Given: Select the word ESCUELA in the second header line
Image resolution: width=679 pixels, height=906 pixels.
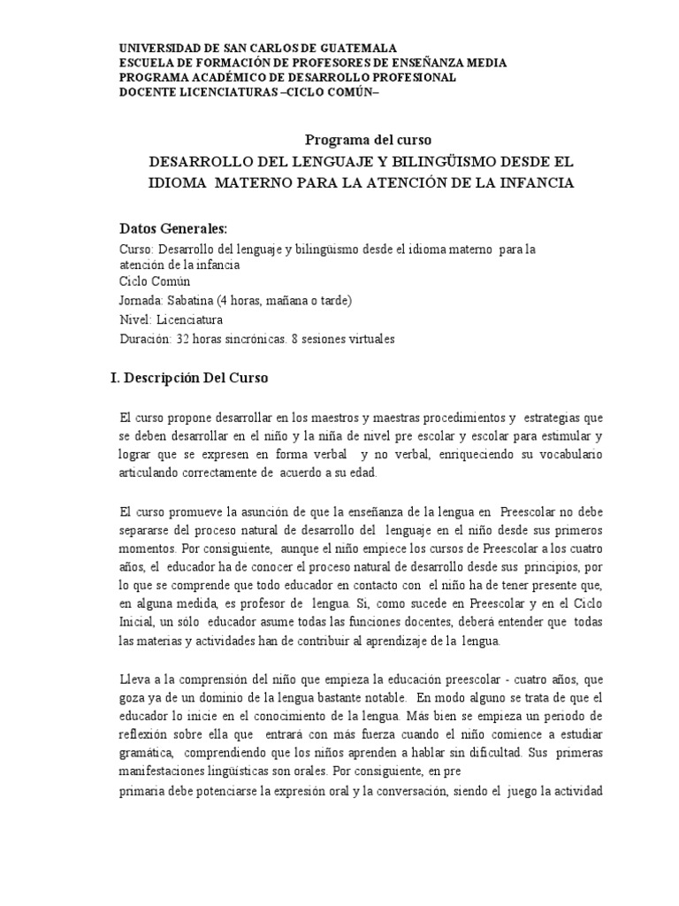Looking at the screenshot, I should click(148, 63).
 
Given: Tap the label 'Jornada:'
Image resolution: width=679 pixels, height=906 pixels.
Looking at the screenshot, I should click(139, 300).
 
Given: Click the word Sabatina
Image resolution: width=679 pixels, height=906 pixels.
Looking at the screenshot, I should click(187, 300).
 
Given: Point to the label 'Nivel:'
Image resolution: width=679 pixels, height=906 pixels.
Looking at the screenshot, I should click(134, 319).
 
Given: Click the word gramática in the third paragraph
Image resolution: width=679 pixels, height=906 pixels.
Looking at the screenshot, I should click(145, 754).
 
